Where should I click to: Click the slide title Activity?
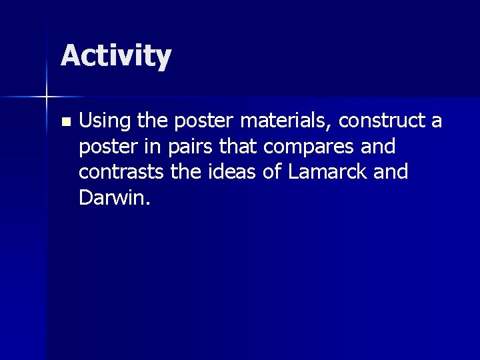coord(116,56)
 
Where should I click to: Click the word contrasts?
coord(115,172)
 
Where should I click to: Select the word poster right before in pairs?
coord(101,147)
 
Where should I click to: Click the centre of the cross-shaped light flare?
coord(47,97)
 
